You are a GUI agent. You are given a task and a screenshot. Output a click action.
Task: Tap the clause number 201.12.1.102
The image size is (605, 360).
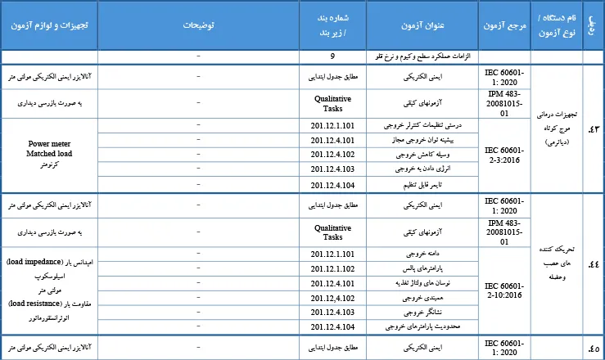point(332,268)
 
